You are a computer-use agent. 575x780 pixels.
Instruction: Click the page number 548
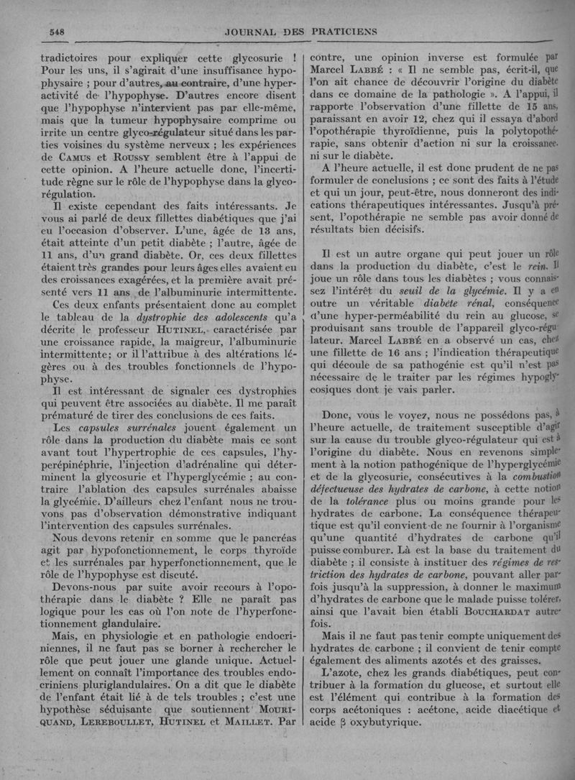click(57, 30)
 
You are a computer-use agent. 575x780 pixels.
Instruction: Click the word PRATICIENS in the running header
click(341, 30)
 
